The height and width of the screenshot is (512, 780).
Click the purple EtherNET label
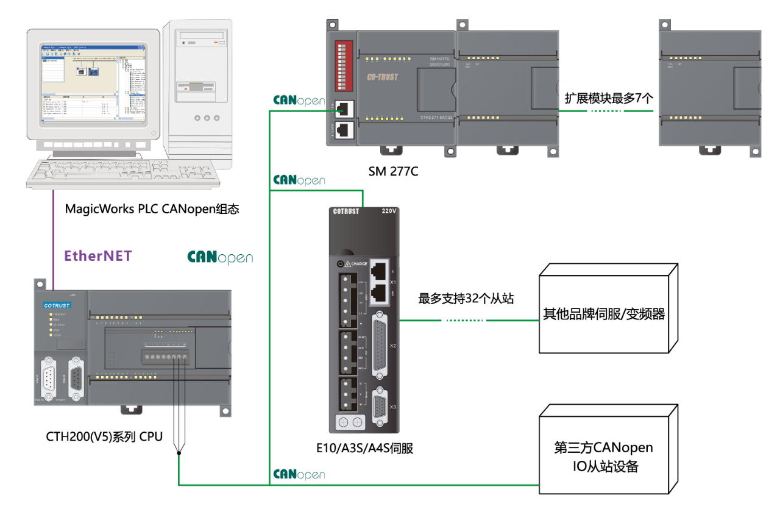[98, 256]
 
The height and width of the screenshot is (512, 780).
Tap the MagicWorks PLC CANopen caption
[152, 209]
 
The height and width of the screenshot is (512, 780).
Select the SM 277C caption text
[393, 171]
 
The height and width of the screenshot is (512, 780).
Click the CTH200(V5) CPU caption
[104, 436]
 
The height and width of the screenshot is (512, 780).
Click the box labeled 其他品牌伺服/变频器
[603, 315]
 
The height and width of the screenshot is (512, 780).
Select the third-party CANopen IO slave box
[603, 457]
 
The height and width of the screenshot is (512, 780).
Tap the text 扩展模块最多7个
[609, 98]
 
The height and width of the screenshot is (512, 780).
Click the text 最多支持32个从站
[466, 299]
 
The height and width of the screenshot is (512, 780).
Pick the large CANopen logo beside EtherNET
[220, 257]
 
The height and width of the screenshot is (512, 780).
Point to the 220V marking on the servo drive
[389, 211]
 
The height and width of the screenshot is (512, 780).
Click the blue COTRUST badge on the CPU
[57, 305]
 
